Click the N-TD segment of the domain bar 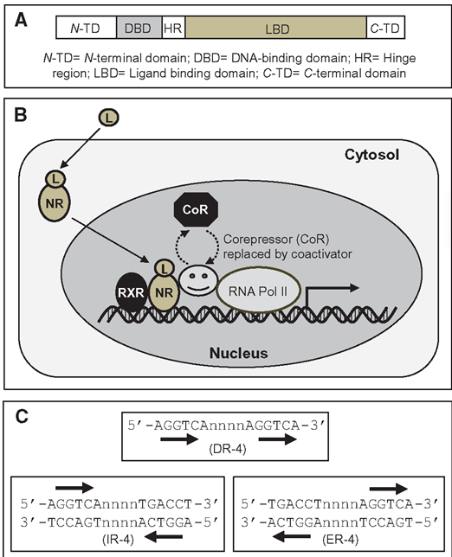(87, 28)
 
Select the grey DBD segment (139, 28)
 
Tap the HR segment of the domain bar (173, 28)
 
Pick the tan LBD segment (276, 28)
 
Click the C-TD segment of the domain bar (386, 28)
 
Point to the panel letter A (21, 20)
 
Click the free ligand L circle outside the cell (109, 118)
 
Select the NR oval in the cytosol (55, 203)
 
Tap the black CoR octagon (196, 209)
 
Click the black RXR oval (131, 292)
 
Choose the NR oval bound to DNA (164, 292)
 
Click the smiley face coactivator (198, 280)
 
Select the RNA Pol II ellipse (258, 291)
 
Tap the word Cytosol (371, 155)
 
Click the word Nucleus (239, 353)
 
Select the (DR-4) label (228, 449)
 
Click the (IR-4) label (118, 540)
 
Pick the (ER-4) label (340, 540)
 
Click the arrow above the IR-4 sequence (74, 488)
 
